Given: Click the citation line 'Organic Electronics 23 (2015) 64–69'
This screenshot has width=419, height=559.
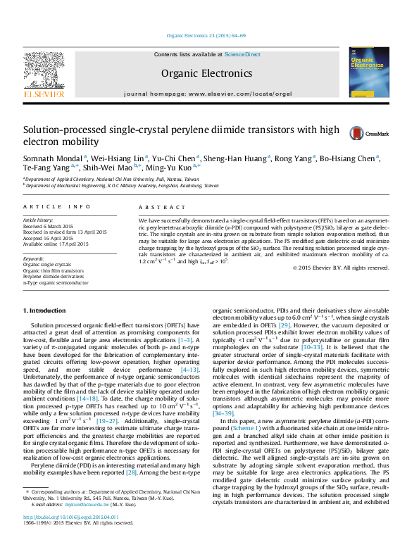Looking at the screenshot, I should [x=206, y=35].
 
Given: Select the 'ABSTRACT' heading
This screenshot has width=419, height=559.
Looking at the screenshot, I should [x=157, y=207].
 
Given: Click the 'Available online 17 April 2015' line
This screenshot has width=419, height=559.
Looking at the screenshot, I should [x=56, y=244].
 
